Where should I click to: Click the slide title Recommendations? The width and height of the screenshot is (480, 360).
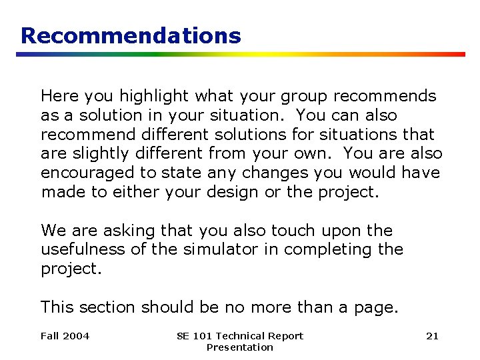[x=131, y=35]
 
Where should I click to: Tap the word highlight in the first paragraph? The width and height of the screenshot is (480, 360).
[x=132, y=97]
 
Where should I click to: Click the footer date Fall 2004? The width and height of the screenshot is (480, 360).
[x=65, y=336]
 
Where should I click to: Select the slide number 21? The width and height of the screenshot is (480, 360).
[x=432, y=336]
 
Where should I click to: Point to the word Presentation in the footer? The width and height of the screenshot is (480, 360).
[x=240, y=347]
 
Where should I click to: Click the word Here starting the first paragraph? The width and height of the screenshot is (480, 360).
[x=57, y=97]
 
